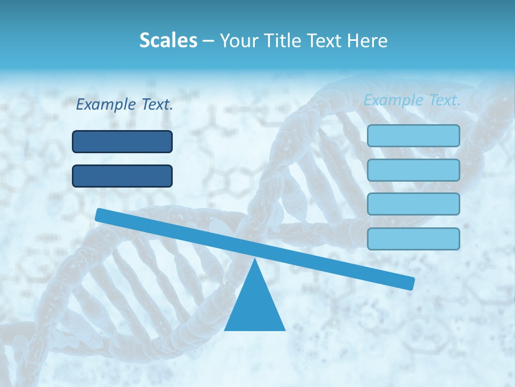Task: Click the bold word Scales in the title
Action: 168,40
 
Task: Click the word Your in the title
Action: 238,40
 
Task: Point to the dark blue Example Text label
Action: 124,105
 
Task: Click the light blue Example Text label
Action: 412,100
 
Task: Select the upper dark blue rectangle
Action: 122,141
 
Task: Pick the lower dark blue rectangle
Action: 122,176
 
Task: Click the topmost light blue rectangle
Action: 413,135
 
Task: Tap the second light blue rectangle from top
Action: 413,170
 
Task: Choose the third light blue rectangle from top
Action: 413,204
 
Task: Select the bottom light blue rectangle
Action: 413,239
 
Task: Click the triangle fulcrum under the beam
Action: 254,306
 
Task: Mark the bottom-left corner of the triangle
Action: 225,329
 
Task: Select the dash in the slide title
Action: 209,41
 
